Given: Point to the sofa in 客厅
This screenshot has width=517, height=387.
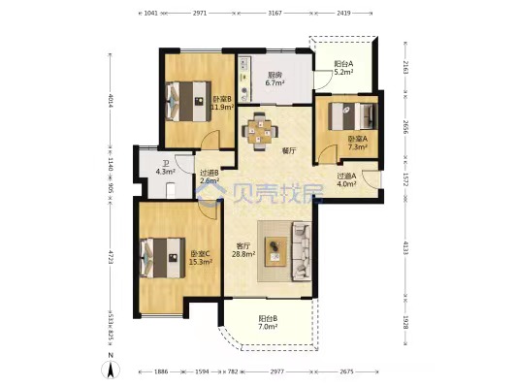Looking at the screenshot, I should click(301, 250).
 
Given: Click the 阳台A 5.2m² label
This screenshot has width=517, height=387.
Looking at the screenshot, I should click(342, 67).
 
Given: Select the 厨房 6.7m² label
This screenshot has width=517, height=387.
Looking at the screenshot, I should click(275, 80).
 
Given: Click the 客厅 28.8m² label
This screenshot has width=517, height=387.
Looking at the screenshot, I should click(244, 249).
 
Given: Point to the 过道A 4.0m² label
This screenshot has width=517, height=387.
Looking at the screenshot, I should click(347, 180).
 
